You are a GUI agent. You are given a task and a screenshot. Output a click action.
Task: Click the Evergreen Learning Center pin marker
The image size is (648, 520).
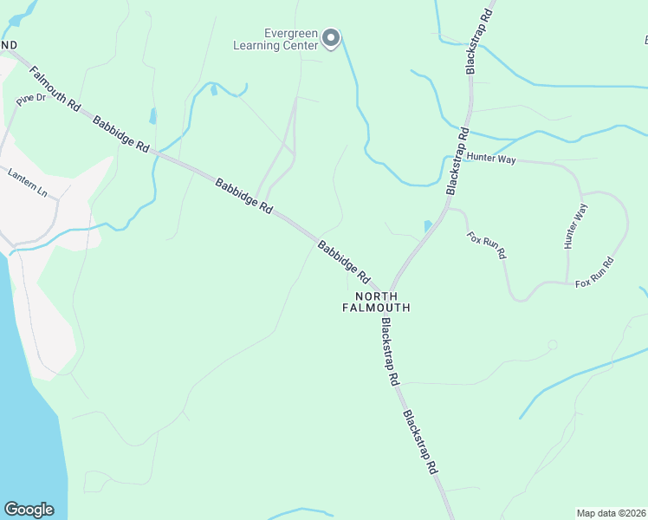click(x=330, y=38)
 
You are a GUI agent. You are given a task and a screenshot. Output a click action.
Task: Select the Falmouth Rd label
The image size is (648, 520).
click(x=55, y=88)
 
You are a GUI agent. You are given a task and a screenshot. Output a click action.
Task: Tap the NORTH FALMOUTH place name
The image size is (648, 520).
click(x=376, y=302)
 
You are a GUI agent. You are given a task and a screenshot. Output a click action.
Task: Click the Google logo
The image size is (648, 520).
click(x=29, y=510)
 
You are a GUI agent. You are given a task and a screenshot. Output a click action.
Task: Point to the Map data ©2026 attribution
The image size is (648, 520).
click(x=611, y=512)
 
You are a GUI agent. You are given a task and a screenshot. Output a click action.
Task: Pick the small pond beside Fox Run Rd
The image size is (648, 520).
click(x=428, y=226)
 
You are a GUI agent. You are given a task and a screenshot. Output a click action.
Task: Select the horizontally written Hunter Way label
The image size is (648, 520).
click(x=491, y=159)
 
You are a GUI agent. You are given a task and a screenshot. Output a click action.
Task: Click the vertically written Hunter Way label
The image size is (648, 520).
click(x=576, y=227)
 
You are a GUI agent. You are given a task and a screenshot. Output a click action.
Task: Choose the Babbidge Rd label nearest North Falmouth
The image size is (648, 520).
click(x=344, y=263)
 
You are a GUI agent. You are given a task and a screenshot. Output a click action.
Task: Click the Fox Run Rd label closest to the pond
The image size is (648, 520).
click(x=485, y=247)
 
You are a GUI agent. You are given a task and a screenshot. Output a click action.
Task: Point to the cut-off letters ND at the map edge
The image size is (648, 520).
click(x=9, y=44)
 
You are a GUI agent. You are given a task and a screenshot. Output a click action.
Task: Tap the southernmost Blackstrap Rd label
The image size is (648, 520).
click(x=419, y=441)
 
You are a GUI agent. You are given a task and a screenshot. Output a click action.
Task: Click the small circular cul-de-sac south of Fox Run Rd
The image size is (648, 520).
click(x=553, y=345)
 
